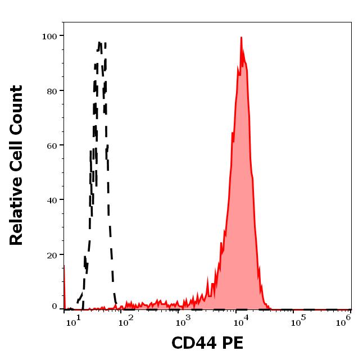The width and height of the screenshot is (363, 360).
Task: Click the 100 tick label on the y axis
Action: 49,36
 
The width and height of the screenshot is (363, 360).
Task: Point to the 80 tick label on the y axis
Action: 51,90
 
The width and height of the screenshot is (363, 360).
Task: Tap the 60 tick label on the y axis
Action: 51,145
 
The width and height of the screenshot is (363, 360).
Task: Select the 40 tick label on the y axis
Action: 51,199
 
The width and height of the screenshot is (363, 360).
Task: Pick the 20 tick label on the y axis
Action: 51,254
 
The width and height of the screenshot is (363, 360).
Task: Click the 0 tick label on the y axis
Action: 54,307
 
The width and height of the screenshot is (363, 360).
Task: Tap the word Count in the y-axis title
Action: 17,110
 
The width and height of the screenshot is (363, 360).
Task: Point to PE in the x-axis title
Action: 233,343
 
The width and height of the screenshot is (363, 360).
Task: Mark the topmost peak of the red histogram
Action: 241,38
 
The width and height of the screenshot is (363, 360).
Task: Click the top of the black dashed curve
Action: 99,42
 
